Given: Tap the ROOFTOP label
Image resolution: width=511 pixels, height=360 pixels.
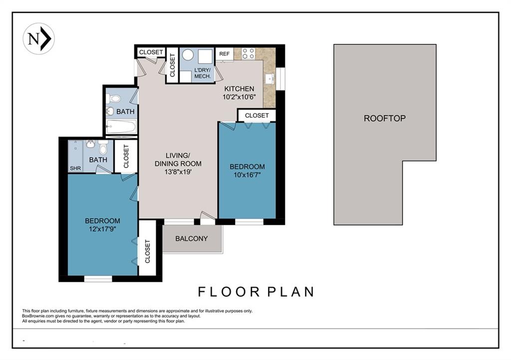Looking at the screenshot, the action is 385,118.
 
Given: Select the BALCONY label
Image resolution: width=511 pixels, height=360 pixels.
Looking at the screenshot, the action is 191,239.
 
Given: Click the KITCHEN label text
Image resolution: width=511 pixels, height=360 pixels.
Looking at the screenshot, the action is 239,89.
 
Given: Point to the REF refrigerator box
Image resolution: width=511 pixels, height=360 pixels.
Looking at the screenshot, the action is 224,54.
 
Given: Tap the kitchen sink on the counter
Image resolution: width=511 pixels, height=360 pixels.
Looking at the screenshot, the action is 270,79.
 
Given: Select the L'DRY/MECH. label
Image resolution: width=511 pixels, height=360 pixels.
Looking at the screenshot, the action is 203,73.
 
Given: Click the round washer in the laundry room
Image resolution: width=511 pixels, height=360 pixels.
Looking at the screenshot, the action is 188,55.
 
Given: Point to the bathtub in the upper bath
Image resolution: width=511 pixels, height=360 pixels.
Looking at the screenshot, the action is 121,127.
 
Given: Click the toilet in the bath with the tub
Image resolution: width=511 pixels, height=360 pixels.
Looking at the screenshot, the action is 113,98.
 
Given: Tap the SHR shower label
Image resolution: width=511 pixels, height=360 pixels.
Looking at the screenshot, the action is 75,168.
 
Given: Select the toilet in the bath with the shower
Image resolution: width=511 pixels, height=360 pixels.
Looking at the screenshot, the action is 103,148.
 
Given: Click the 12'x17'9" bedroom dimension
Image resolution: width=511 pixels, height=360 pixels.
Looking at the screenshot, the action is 102,229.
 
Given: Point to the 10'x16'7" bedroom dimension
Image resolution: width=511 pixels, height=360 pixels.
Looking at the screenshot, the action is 247,175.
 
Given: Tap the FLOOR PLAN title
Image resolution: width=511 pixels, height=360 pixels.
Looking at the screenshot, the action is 256,292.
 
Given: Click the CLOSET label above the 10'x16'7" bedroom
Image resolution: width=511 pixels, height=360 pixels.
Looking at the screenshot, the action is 257,116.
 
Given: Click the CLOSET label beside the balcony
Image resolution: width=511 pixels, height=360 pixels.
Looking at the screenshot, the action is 147,251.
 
